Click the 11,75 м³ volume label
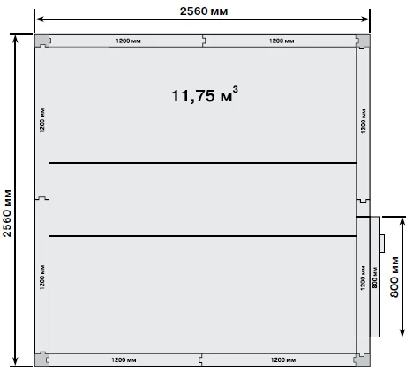click(205, 94)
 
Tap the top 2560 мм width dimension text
click(204, 11)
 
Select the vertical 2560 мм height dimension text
click(7, 213)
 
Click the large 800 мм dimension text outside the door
click(394, 277)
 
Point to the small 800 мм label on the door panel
click(375, 278)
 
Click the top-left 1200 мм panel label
click(128, 41)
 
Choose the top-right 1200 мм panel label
click(282, 41)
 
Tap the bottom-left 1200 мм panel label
click(124, 359)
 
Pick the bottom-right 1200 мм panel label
click(283, 359)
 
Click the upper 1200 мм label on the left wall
click(42, 121)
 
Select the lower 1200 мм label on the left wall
click(42, 278)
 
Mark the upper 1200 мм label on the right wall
click(364, 121)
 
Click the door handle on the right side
click(382, 243)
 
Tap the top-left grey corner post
click(42, 41)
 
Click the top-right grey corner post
click(363, 41)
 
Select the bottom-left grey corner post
click(42, 359)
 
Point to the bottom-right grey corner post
click(363, 359)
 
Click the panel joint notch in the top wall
click(203, 41)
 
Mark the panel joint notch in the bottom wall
click(201, 359)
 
